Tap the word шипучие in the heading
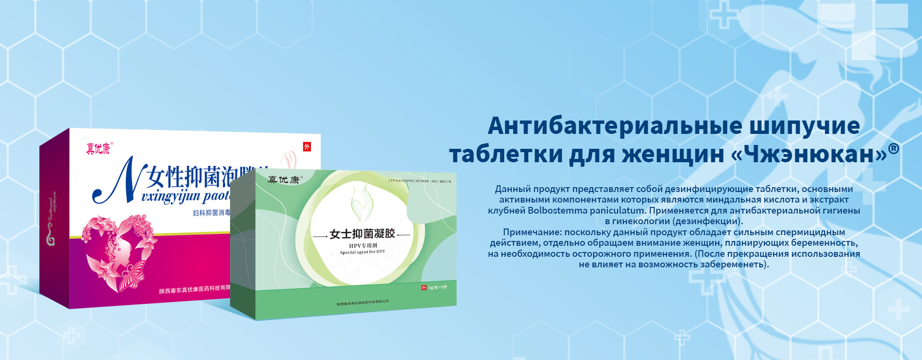[x=804, y=126]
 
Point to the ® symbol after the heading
[x=893, y=148]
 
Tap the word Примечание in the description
[x=531, y=232]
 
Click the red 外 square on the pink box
[x=307, y=147]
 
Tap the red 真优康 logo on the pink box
[x=98, y=149]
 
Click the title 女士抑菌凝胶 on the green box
[x=362, y=234]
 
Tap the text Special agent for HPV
[x=362, y=252]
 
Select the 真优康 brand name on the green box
[x=283, y=180]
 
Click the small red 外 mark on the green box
[x=424, y=288]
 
